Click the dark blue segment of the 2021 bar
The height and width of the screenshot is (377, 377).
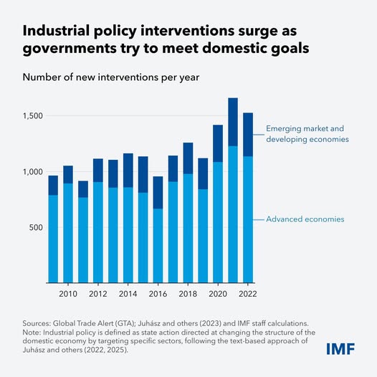233,122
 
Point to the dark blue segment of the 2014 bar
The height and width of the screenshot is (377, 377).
128,171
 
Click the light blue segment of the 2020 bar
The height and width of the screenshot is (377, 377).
218,222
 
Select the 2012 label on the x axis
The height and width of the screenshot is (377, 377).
98,294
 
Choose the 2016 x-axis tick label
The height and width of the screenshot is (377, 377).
158,294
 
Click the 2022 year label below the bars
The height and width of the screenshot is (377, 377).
247,294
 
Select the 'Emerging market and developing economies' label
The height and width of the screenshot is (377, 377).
307,134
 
